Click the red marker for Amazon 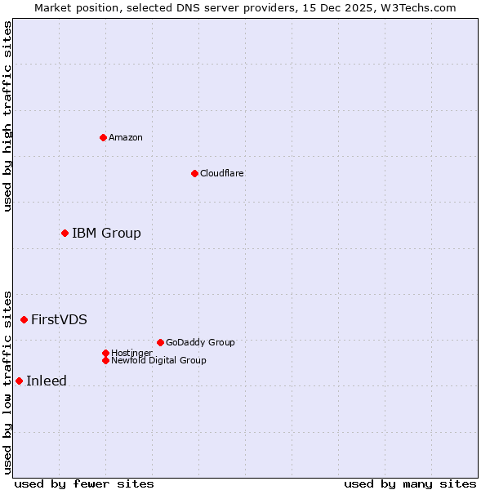(x=103, y=137)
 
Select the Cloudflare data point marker (x=194, y=173)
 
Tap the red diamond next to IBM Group (x=65, y=233)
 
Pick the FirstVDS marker (x=24, y=319)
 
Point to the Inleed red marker (x=19, y=381)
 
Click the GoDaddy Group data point (x=160, y=342)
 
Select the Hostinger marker (x=105, y=353)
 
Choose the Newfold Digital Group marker (x=106, y=360)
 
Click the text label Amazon (x=125, y=137)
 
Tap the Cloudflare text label (x=221, y=173)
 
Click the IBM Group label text (x=106, y=233)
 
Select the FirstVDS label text (x=59, y=319)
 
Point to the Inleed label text (x=47, y=381)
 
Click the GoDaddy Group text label (x=200, y=342)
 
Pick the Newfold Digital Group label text (x=158, y=360)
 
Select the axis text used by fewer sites (x=84, y=483)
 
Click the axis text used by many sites (x=410, y=483)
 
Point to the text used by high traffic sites (x=7, y=116)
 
